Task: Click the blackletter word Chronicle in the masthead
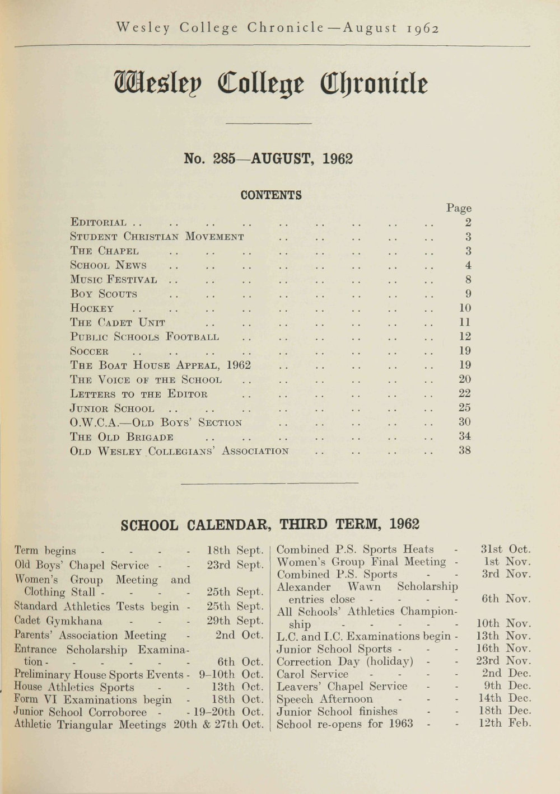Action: coord(374,84)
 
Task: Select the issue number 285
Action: coord(223,159)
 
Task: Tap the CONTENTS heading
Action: coord(271,195)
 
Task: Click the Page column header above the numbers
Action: coord(459,208)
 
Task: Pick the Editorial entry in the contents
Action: coord(99,223)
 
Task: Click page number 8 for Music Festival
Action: coord(468,279)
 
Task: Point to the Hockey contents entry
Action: coord(92,308)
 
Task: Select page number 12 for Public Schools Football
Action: coord(465,336)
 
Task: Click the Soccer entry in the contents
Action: coord(90,351)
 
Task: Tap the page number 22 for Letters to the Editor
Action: coord(465,393)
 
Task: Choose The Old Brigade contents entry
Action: coord(122,437)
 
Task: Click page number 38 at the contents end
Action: coord(465,450)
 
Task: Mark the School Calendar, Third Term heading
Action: coord(270,524)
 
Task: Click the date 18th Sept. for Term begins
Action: coord(235,550)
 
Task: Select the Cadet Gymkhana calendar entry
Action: coord(58,621)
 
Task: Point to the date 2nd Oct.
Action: coord(239,635)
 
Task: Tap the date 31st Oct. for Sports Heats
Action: coord(506,549)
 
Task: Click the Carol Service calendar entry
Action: coord(312,674)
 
